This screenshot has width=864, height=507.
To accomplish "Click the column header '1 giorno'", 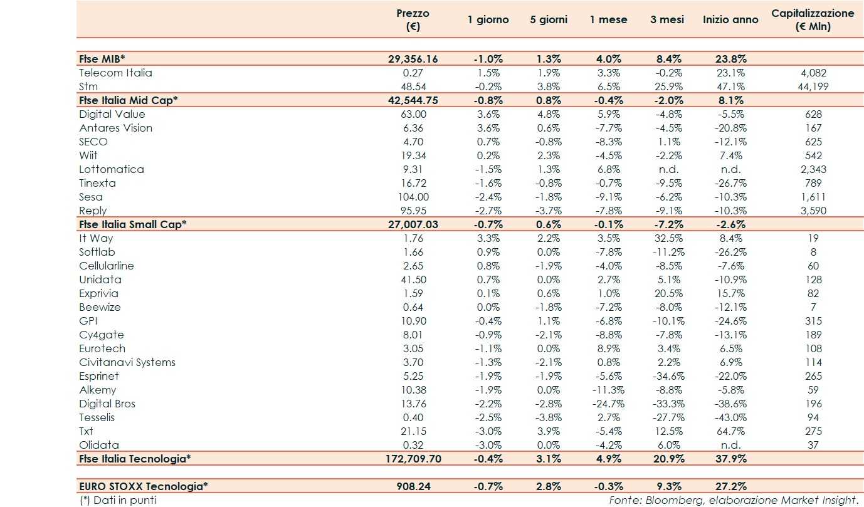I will pyautogui.click(x=488, y=19).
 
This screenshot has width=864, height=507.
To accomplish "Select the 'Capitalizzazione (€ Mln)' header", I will pyautogui.click(x=813, y=19).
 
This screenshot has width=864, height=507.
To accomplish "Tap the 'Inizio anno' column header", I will pyautogui.click(x=730, y=19).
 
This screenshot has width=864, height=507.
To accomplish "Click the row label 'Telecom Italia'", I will pyautogui.click(x=115, y=73).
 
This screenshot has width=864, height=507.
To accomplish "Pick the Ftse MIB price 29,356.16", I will pyautogui.click(x=413, y=59).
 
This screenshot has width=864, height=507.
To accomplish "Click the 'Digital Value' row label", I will pyautogui.click(x=112, y=114).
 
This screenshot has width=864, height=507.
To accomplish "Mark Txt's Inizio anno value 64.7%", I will pyautogui.click(x=730, y=431).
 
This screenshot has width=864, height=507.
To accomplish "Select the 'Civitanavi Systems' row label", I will pyautogui.click(x=127, y=362).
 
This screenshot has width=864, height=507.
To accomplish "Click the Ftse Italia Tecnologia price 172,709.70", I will pyautogui.click(x=413, y=459).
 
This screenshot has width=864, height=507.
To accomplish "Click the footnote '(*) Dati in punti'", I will pyautogui.click(x=118, y=500).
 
